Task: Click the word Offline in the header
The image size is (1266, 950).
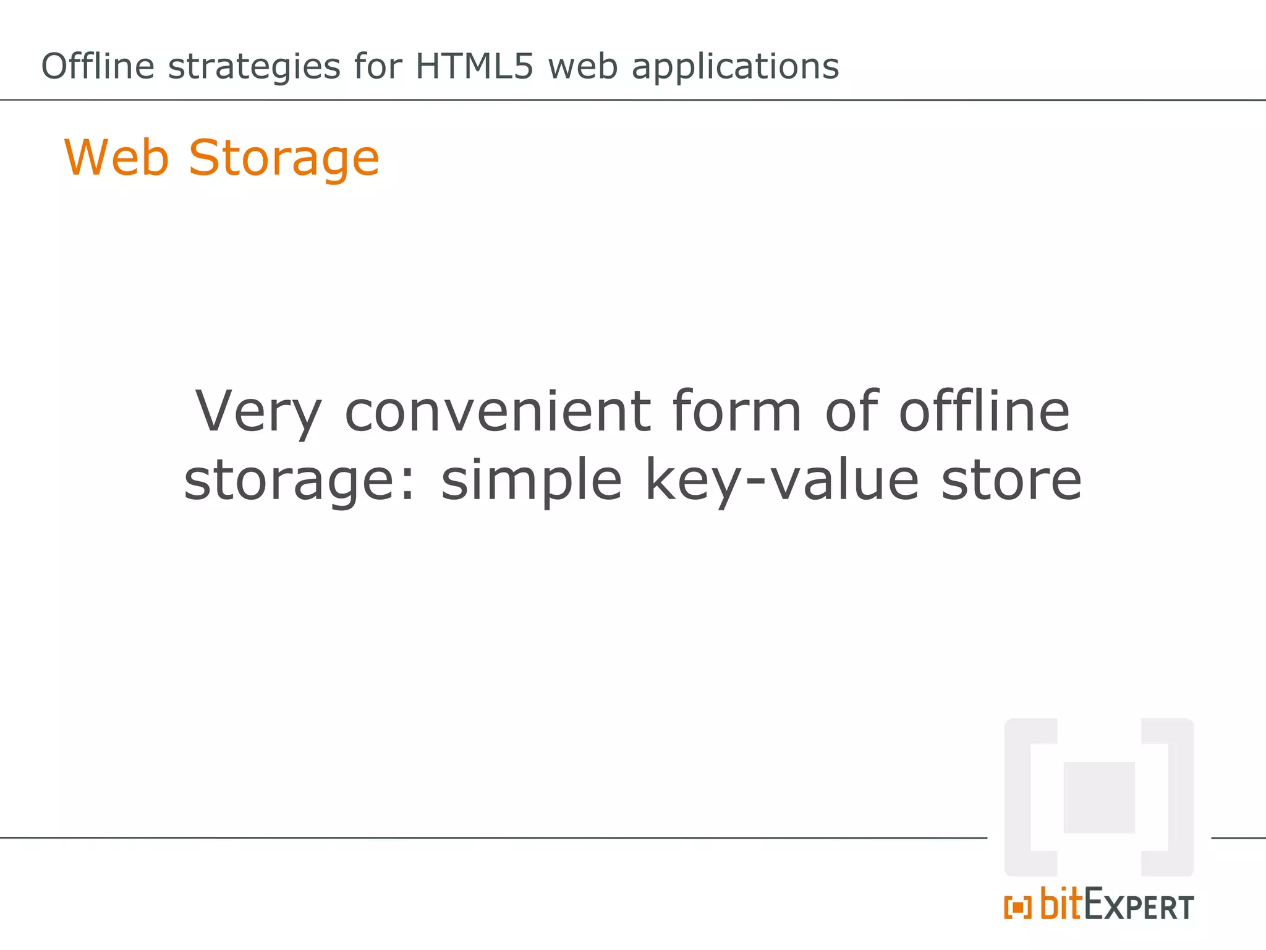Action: (x=98, y=66)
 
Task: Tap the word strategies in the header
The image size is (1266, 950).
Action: (x=254, y=67)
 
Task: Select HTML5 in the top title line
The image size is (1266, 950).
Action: (x=474, y=66)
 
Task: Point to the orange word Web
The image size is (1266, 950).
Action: (x=117, y=158)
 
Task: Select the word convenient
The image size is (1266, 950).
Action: (x=497, y=412)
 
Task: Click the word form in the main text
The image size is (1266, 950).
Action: (x=737, y=411)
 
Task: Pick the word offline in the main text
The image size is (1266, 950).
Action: (x=984, y=411)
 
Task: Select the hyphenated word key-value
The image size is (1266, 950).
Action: (x=782, y=481)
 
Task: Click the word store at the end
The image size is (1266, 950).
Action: (x=1011, y=481)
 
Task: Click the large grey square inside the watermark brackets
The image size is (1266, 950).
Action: (x=1099, y=797)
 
